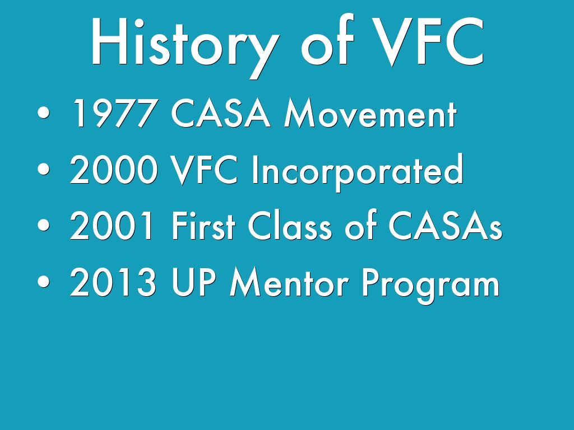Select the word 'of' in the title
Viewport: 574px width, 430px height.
[x=327, y=40]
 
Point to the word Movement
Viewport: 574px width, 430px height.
[x=371, y=113]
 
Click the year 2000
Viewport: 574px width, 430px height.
[x=114, y=170]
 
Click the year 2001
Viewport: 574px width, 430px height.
[x=112, y=226]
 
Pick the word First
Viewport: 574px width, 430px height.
[x=203, y=225]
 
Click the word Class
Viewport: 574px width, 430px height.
[x=290, y=225]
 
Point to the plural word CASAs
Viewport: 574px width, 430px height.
[x=445, y=226]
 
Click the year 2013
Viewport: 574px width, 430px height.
[x=113, y=282]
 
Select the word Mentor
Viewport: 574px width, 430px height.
[x=289, y=282]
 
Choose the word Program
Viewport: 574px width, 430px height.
[x=430, y=285]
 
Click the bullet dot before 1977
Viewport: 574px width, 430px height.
[x=44, y=113]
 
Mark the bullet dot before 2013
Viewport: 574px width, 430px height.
[x=44, y=282]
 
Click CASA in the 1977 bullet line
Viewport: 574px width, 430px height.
[x=221, y=113]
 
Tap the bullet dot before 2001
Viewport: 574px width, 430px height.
[x=44, y=225]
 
